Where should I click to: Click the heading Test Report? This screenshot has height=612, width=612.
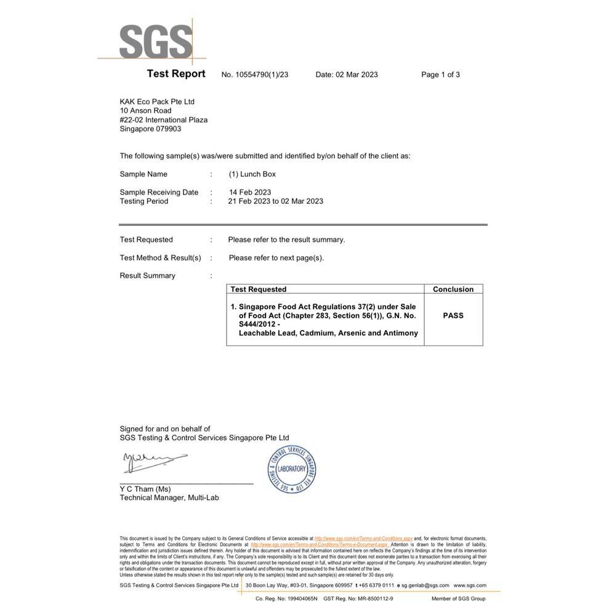point(176,74)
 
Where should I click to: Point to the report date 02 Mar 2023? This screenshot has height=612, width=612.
point(356,74)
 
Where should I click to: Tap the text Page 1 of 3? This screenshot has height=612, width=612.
point(440,74)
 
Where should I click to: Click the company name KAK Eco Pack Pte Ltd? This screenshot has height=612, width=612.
point(157,102)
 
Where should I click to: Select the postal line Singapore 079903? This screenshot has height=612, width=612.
point(150,129)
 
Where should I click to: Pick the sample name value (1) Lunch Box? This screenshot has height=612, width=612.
point(252,174)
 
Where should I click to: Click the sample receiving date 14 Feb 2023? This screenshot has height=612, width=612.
point(250,192)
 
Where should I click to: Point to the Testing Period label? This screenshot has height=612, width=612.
point(144,201)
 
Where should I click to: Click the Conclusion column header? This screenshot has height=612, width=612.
point(453,289)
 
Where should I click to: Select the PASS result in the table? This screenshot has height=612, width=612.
point(453,315)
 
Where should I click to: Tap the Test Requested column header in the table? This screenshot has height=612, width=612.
point(259,289)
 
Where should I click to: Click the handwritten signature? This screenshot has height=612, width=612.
point(154,461)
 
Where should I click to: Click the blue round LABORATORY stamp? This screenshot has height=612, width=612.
point(292,469)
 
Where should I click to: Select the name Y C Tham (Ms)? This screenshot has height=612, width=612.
point(145,489)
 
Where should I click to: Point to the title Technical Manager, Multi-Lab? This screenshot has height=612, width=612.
point(169,497)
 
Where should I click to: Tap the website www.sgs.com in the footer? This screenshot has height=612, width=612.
point(470,586)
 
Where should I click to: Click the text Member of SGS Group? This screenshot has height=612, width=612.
point(458,598)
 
